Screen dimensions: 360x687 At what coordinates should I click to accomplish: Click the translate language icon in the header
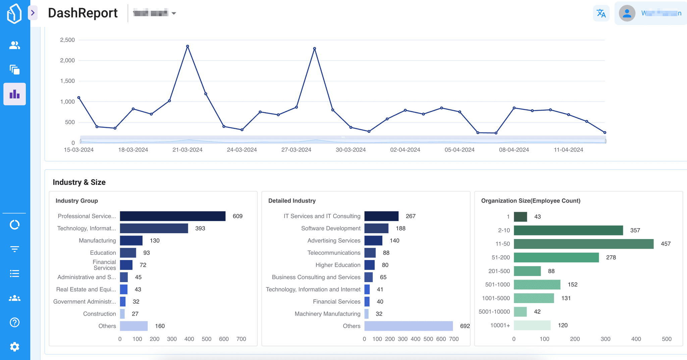(601, 13)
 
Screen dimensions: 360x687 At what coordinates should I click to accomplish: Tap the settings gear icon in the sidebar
(14, 347)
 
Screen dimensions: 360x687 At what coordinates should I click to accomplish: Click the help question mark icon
(14, 322)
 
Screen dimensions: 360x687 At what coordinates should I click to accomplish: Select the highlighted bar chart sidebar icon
(14, 94)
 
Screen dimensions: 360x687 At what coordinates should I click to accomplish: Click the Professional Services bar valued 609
(172, 216)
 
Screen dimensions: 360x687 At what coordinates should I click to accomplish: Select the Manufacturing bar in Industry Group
(131, 241)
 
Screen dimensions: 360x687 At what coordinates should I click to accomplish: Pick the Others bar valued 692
(408, 326)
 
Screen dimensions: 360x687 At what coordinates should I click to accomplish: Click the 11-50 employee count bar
(583, 244)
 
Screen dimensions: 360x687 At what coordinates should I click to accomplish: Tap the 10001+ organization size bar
(532, 325)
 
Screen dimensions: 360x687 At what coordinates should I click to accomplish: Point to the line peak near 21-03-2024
(188, 46)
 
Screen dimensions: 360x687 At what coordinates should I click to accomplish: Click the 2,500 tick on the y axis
(67, 40)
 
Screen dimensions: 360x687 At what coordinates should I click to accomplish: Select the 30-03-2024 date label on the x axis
(351, 150)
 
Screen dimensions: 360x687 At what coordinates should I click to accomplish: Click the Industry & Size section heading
(79, 182)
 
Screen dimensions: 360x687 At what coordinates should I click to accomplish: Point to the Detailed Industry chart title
(292, 201)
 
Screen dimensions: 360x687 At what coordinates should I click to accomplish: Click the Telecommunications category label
(334, 253)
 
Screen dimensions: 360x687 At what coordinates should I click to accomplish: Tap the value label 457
(666, 244)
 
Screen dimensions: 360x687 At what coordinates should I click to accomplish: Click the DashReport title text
(83, 13)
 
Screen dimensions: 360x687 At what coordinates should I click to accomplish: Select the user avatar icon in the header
(627, 13)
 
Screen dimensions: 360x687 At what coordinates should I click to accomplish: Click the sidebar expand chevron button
(33, 13)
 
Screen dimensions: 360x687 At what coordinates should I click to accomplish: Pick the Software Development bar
(376, 228)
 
